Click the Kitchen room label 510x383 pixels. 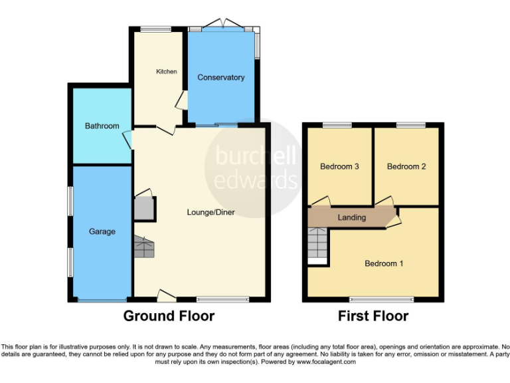click(166, 71)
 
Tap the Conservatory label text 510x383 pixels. click(220, 78)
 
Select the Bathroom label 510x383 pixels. click(102, 126)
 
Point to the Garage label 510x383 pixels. click(102, 231)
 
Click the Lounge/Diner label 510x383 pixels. click(211, 212)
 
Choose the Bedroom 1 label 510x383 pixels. click(384, 263)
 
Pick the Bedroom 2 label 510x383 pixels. click(406, 166)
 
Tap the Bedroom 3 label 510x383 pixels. click(339, 166)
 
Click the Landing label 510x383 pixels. click(351, 217)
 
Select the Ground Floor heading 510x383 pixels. click(169, 316)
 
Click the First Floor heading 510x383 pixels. click(373, 316)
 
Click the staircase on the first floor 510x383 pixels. click(318, 245)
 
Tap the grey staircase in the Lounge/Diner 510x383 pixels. click(144, 247)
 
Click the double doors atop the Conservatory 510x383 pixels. click(220, 25)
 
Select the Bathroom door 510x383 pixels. click(128, 140)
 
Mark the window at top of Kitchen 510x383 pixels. click(155, 29)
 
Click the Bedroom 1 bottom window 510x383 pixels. click(373, 299)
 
